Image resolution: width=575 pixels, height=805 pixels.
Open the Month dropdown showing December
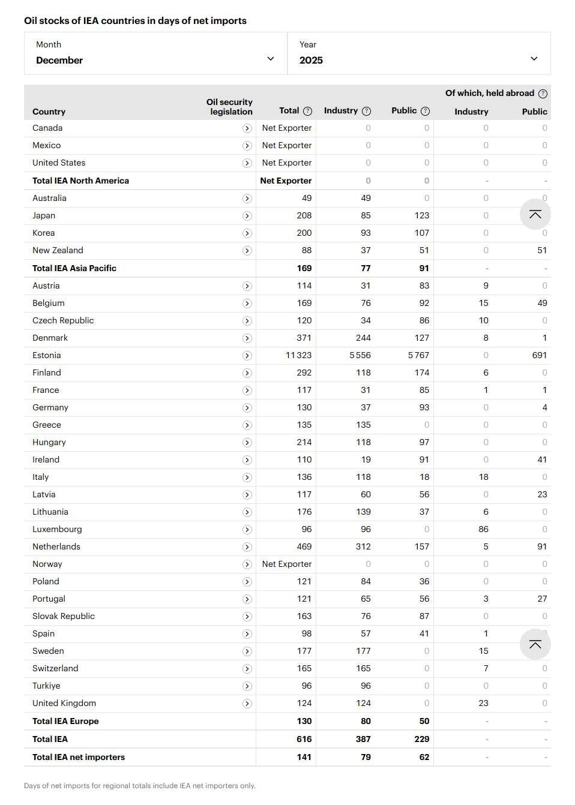(155, 53)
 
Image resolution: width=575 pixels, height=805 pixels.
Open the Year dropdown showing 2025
(418, 53)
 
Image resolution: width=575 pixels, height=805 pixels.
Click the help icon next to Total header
(308, 111)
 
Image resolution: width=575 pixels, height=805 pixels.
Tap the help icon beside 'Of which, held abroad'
(543, 94)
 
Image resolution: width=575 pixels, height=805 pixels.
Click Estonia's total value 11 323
(298, 355)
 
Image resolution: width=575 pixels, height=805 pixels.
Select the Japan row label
(44, 215)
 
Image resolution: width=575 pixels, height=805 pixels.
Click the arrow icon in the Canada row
(247, 128)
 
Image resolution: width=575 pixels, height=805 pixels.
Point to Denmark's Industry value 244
(363, 338)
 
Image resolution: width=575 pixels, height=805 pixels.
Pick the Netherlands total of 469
(304, 546)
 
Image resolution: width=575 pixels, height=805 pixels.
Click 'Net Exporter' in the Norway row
(287, 564)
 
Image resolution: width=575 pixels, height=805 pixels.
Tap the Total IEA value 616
(304, 739)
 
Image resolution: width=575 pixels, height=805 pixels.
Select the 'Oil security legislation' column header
(229, 107)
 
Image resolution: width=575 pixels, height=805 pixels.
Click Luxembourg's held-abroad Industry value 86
(483, 529)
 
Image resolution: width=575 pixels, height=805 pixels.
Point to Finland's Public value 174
(422, 373)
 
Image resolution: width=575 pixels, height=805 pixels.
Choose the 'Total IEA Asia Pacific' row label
(74, 268)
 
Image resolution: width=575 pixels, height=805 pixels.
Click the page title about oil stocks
(135, 20)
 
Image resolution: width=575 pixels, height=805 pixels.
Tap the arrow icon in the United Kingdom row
(247, 704)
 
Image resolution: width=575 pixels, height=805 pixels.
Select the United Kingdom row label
(64, 703)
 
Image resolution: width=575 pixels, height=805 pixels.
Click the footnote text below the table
(140, 785)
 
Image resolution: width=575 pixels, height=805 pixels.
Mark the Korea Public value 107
(422, 233)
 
